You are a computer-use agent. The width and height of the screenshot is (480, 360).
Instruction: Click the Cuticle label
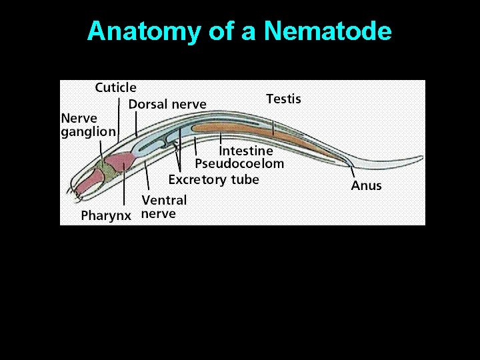115,87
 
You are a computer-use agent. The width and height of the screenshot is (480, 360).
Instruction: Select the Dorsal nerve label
167,104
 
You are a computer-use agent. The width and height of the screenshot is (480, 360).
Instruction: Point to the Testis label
283,99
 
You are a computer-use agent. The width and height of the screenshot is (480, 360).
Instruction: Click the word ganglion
88,132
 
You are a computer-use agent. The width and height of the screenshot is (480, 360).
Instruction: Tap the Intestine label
246,151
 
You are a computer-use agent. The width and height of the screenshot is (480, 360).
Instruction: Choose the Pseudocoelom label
239,163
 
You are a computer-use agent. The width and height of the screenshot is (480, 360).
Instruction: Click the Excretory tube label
213,179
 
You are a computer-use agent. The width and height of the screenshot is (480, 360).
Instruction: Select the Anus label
366,185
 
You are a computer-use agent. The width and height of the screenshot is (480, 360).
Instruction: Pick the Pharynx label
106,215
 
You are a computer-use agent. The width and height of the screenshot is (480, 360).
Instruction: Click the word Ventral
164,199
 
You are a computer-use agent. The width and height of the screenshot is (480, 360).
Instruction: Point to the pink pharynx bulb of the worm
121,162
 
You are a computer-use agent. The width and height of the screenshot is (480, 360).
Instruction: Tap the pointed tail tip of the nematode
421,158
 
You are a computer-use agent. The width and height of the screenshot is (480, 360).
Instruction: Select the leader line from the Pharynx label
124,190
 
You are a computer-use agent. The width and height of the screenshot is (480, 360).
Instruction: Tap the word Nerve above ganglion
79,118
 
